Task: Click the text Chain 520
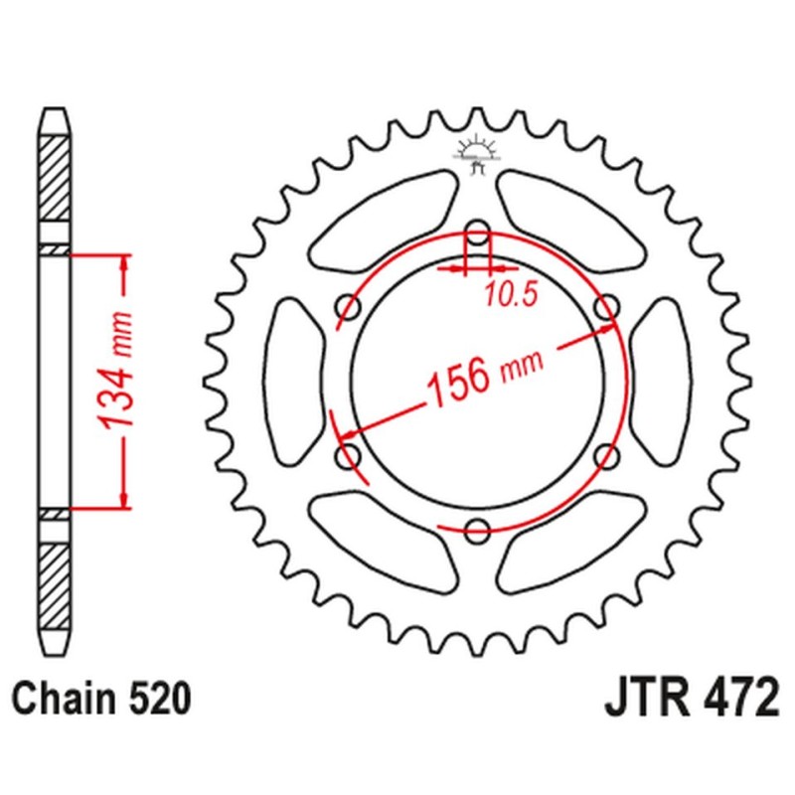point(101,699)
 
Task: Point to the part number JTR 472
point(690,698)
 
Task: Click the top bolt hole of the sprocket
point(478,237)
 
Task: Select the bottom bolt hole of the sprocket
point(478,528)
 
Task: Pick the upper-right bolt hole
point(605,309)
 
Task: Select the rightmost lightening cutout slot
point(661,382)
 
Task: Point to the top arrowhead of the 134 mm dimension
point(124,263)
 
